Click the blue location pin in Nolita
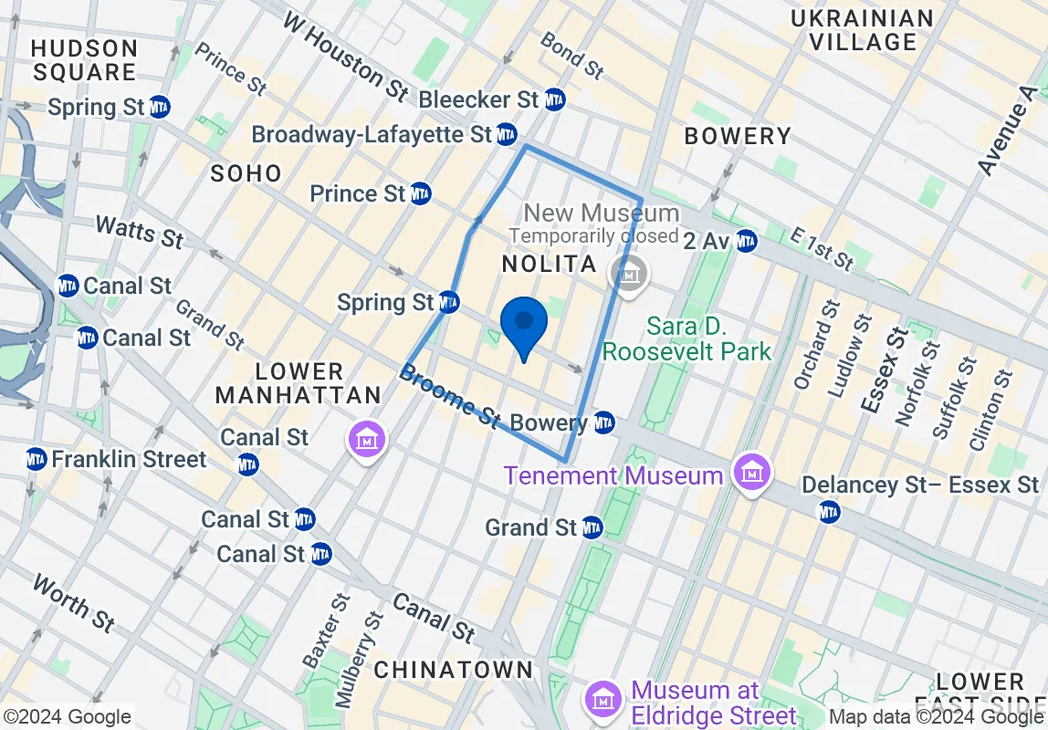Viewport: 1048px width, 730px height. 524,326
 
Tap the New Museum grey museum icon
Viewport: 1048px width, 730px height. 629,272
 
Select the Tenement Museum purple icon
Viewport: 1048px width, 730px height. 752,474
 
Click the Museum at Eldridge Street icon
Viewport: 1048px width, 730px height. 603,701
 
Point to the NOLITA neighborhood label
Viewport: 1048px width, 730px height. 549,265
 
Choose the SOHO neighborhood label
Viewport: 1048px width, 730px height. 246,172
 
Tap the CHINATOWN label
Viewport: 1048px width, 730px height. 453,669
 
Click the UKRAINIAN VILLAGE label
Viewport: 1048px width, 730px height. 863,30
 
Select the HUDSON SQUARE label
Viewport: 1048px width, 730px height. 84,59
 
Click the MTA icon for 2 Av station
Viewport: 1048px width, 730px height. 746,240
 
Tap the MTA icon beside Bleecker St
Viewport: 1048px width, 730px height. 554,99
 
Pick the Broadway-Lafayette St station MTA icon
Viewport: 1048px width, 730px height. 507,135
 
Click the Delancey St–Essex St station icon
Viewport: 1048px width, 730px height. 829,512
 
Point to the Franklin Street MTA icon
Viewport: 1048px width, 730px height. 37,458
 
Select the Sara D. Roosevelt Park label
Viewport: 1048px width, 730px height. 686,338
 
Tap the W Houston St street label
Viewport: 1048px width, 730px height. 345,56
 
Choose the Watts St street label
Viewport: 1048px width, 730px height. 139,232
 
